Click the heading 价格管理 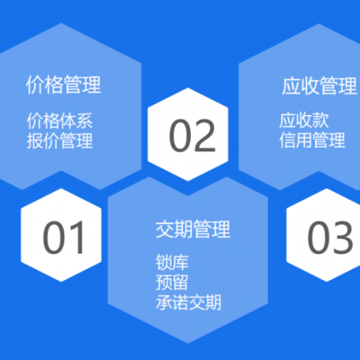[63, 86]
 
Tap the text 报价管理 [60, 140]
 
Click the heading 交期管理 [193, 229]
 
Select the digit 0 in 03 [319, 238]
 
